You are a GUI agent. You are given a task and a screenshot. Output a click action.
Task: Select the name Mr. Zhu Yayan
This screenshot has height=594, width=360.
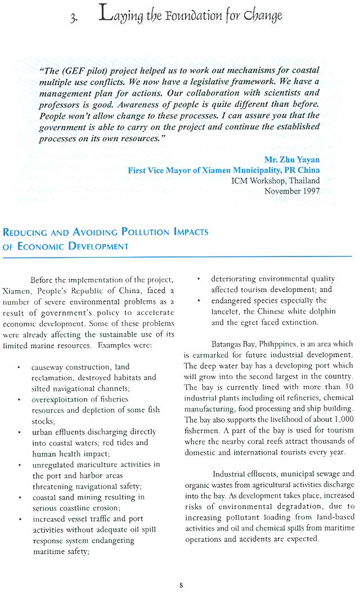click(292, 159)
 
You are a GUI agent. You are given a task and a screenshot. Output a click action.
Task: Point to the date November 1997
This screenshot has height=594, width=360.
click(292, 191)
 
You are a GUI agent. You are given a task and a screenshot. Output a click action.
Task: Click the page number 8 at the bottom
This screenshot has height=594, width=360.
click(181, 585)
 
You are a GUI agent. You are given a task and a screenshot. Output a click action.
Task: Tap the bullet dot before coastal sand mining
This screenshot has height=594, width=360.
click(20, 497)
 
